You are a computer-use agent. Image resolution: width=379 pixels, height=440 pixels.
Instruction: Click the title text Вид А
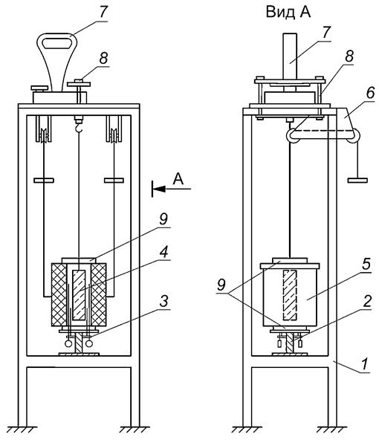point(288,13)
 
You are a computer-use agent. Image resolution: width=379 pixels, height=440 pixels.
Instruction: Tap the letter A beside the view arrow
point(178,178)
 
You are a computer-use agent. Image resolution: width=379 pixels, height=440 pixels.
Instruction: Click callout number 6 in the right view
point(370,93)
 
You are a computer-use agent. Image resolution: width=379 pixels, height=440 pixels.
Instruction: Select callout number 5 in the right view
point(366,264)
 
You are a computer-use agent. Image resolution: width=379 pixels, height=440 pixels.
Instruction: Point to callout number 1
point(365,364)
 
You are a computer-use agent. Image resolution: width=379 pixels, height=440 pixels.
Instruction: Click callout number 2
point(367,300)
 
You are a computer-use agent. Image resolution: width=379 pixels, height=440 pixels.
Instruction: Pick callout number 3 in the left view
point(163,300)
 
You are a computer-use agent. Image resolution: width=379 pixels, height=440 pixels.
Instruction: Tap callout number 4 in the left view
point(163,252)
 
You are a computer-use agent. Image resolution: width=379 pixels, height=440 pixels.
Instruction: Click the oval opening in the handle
point(56,44)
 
